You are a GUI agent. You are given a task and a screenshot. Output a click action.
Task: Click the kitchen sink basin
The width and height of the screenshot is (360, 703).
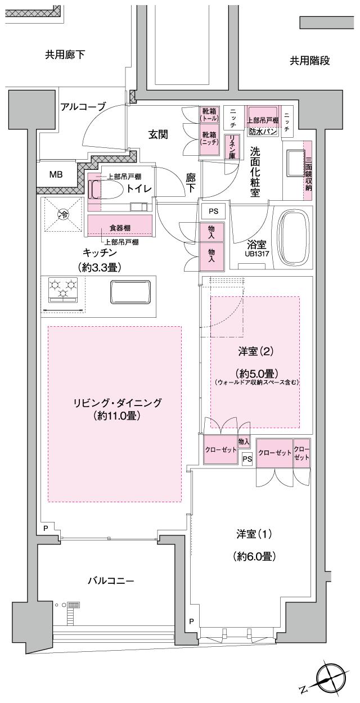(x=130, y=292)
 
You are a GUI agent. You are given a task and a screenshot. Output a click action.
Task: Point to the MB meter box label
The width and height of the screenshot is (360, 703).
(x=56, y=174)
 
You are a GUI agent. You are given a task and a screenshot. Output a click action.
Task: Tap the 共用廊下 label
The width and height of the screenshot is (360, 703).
(x=65, y=55)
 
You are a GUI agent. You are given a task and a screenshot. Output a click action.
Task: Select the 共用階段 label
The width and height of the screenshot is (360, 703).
(x=309, y=61)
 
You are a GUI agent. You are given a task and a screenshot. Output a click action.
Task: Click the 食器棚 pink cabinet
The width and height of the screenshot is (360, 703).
(x=120, y=228)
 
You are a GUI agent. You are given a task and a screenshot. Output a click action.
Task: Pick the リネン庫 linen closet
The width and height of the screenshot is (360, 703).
(x=231, y=148)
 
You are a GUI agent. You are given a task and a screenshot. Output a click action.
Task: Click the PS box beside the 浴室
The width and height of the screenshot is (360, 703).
(x=213, y=211)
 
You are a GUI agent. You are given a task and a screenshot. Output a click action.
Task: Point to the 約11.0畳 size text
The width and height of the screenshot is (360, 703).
(x=117, y=416)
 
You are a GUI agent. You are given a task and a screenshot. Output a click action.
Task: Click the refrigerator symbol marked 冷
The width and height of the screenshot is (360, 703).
(x=64, y=214)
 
